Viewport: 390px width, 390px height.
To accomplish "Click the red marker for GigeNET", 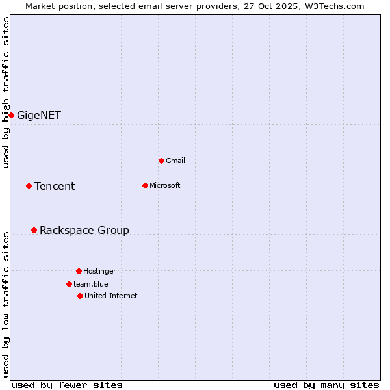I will point(11,115).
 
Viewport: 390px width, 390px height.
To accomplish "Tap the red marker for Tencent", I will point(29,186).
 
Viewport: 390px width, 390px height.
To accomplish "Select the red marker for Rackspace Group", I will point(34,230).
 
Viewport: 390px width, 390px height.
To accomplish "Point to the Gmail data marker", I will point(161,161).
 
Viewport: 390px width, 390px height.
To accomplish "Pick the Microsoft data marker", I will point(145,185).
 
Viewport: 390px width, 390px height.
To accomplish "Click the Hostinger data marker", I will point(79,271).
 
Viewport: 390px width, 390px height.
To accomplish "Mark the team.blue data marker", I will point(69,284).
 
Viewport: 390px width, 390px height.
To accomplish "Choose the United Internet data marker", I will point(80,296).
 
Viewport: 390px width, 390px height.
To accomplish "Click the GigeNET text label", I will point(39,116).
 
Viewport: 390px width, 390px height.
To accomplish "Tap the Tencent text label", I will point(55,187).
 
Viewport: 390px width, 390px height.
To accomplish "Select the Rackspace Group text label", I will point(84,231).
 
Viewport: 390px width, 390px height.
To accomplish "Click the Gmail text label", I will point(175,161).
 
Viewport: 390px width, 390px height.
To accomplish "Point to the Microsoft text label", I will point(165,185).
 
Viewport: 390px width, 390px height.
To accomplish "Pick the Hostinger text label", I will point(99,271).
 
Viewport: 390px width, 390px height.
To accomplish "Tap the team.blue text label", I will point(91,284).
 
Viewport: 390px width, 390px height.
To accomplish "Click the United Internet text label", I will point(111,296).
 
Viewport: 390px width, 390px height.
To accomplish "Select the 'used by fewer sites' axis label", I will point(67,385).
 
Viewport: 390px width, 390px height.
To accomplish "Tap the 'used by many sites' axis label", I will point(326,385).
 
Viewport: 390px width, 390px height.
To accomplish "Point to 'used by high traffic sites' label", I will point(6,93).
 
